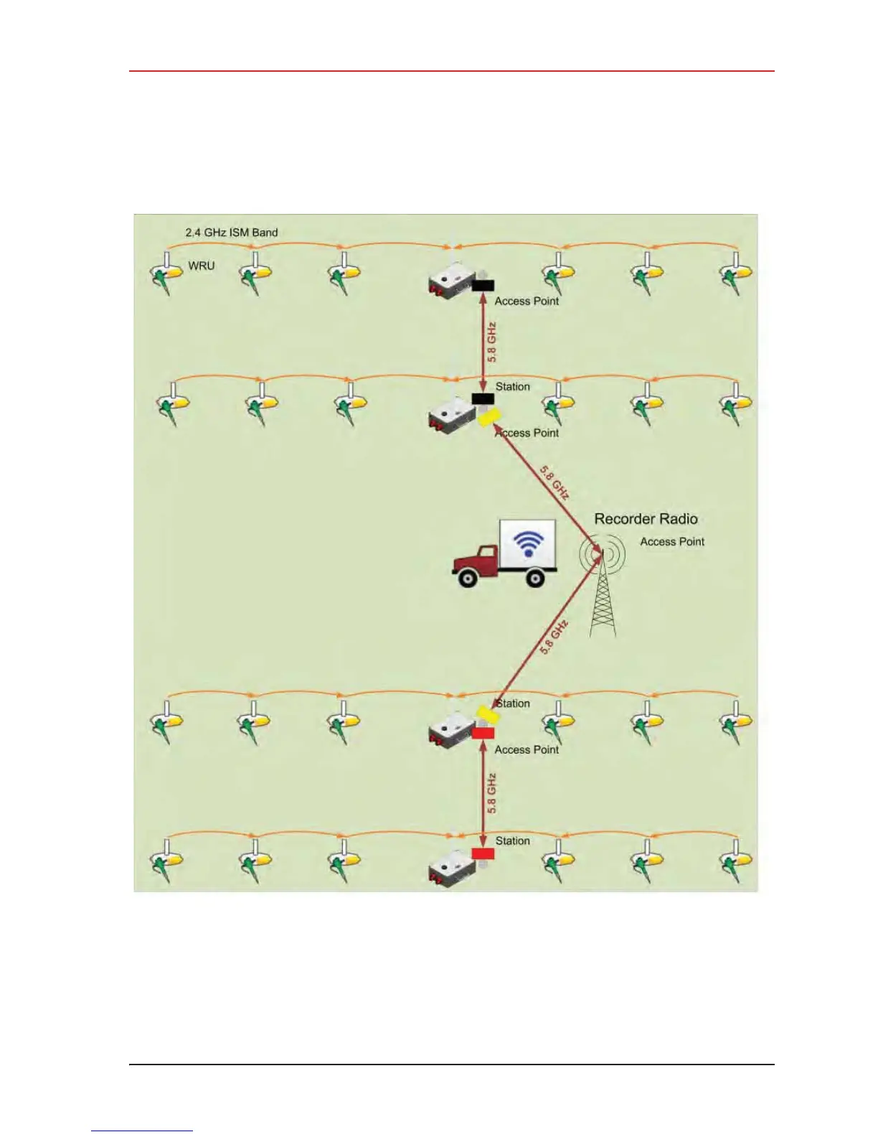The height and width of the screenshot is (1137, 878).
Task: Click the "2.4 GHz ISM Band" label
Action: click(x=231, y=233)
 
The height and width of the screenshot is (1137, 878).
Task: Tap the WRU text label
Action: click(x=201, y=266)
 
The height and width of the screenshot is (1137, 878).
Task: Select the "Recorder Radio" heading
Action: click(x=646, y=519)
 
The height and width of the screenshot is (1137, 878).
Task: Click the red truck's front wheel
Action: click(x=467, y=577)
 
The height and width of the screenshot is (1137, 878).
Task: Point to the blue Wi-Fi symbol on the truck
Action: click(x=529, y=543)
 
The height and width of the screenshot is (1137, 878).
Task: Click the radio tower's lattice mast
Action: click(x=603, y=603)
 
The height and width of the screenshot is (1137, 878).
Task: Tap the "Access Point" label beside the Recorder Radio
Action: click(x=672, y=542)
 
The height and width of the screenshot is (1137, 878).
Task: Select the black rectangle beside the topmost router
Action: click(x=483, y=286)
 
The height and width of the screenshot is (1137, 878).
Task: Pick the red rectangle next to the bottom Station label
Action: click(x=483, y=853)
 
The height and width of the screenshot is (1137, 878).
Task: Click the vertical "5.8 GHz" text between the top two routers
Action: click(x=491, y=342)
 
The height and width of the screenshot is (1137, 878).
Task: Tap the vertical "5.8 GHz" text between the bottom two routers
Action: click(x=491, y=793)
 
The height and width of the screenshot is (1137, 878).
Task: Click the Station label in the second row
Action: click(x=513, y=387)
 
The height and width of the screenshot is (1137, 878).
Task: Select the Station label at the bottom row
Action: click(x=513, y=841)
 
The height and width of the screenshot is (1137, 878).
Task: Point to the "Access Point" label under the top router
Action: click(x=527, y=301)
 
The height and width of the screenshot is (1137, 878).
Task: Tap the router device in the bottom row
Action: click(x=450, y=869)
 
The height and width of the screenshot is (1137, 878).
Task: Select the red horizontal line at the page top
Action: click(x=452, y=71)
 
